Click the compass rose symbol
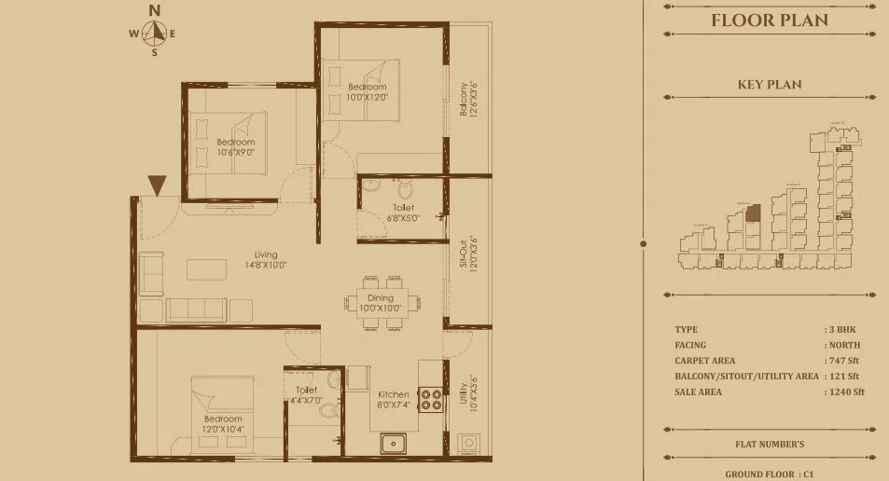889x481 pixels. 156,34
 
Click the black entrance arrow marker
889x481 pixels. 157,186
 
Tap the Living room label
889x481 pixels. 267,259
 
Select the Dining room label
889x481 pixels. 380,303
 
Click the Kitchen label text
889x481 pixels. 393,400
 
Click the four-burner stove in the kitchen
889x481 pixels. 430,400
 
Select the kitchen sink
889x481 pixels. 394,444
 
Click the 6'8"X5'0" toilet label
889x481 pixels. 403,213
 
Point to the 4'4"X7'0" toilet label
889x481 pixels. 306,395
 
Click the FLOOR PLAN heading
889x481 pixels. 769,21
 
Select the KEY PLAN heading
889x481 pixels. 769,85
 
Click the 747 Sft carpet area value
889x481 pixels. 843,361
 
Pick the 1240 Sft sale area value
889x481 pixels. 845,392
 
